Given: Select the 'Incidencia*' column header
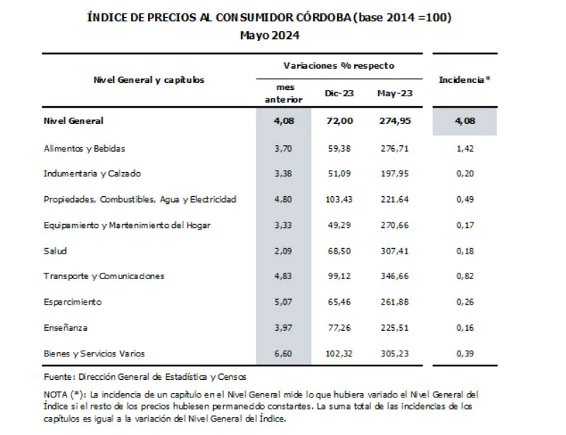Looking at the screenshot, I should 464,80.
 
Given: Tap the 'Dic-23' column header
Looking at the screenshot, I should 338,93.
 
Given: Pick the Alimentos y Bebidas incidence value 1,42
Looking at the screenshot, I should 464,149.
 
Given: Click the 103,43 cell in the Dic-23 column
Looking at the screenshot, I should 338,200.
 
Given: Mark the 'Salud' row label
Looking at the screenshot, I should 55,251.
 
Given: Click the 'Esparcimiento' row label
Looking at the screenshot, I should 72,302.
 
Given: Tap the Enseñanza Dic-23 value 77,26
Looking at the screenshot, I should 338,327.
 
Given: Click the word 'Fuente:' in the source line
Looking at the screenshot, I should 57,377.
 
